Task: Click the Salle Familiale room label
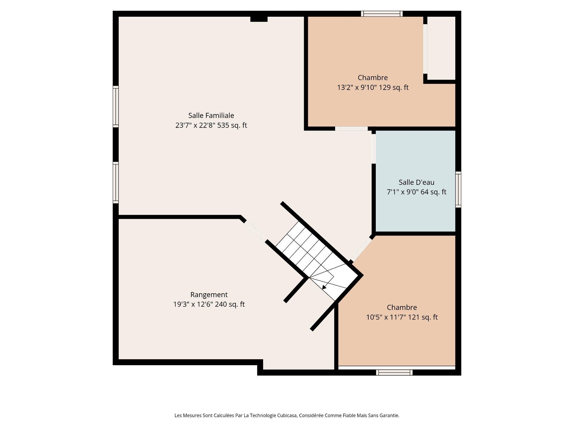click(x=211, y=116)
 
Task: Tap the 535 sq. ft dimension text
click(x=232, y=125)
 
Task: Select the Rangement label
click(x=209, y=295)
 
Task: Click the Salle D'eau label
click(x=416, y=182)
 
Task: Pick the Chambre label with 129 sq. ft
click(x=373, y=78)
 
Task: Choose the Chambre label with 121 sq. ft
click(x=402, y=307)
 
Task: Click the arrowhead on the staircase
click(x=324, y=287)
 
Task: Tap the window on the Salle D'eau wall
click(x=458, y=189)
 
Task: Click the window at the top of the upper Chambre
click(x=382, y=14)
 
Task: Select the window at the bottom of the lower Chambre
click(x=394, y=372)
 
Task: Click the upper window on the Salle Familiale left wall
click(x=116, y=107)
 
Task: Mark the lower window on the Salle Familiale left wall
click(x=116, y=182)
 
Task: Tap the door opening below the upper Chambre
click(x=351, y=129)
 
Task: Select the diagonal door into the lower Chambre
click(x=361, y=250)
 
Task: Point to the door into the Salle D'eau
click(x=374, y=149)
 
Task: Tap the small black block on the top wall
click(x=259, y=19)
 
